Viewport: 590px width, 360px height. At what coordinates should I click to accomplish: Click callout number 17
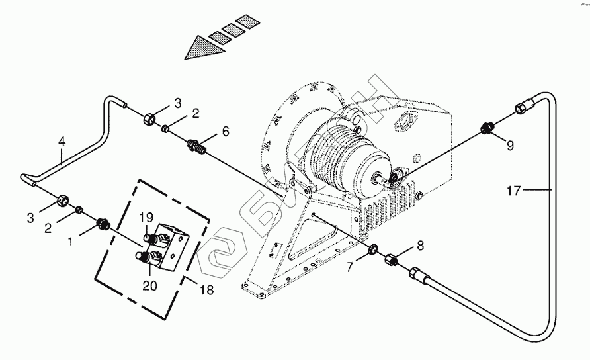click(513, 191)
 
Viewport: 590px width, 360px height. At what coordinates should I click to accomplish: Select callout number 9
click(510, 146)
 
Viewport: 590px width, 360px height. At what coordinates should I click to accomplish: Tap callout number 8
click(420, 246)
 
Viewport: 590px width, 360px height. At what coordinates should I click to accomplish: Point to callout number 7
click(350, 267)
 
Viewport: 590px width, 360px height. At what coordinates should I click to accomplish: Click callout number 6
click(226, 132)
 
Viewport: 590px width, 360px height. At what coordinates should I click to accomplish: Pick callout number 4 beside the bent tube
click(62, 142)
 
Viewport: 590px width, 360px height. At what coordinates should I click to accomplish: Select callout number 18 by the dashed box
click(206, 290)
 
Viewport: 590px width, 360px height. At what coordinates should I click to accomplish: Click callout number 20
click(149, 286)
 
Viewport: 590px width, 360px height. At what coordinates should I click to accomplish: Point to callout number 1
click(70, 242)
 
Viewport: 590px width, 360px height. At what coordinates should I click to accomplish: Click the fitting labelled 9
click(487, 128)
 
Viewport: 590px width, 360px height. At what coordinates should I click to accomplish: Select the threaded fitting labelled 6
click(198, 146)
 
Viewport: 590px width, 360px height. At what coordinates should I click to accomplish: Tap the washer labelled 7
click(373, 249)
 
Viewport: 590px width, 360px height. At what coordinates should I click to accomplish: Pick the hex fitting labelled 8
click(392, 260)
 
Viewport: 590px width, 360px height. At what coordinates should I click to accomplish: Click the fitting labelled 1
click(103, 224)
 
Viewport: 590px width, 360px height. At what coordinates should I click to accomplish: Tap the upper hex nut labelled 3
click(149, 119)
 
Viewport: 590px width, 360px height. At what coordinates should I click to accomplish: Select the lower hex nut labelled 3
click(62, 201)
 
